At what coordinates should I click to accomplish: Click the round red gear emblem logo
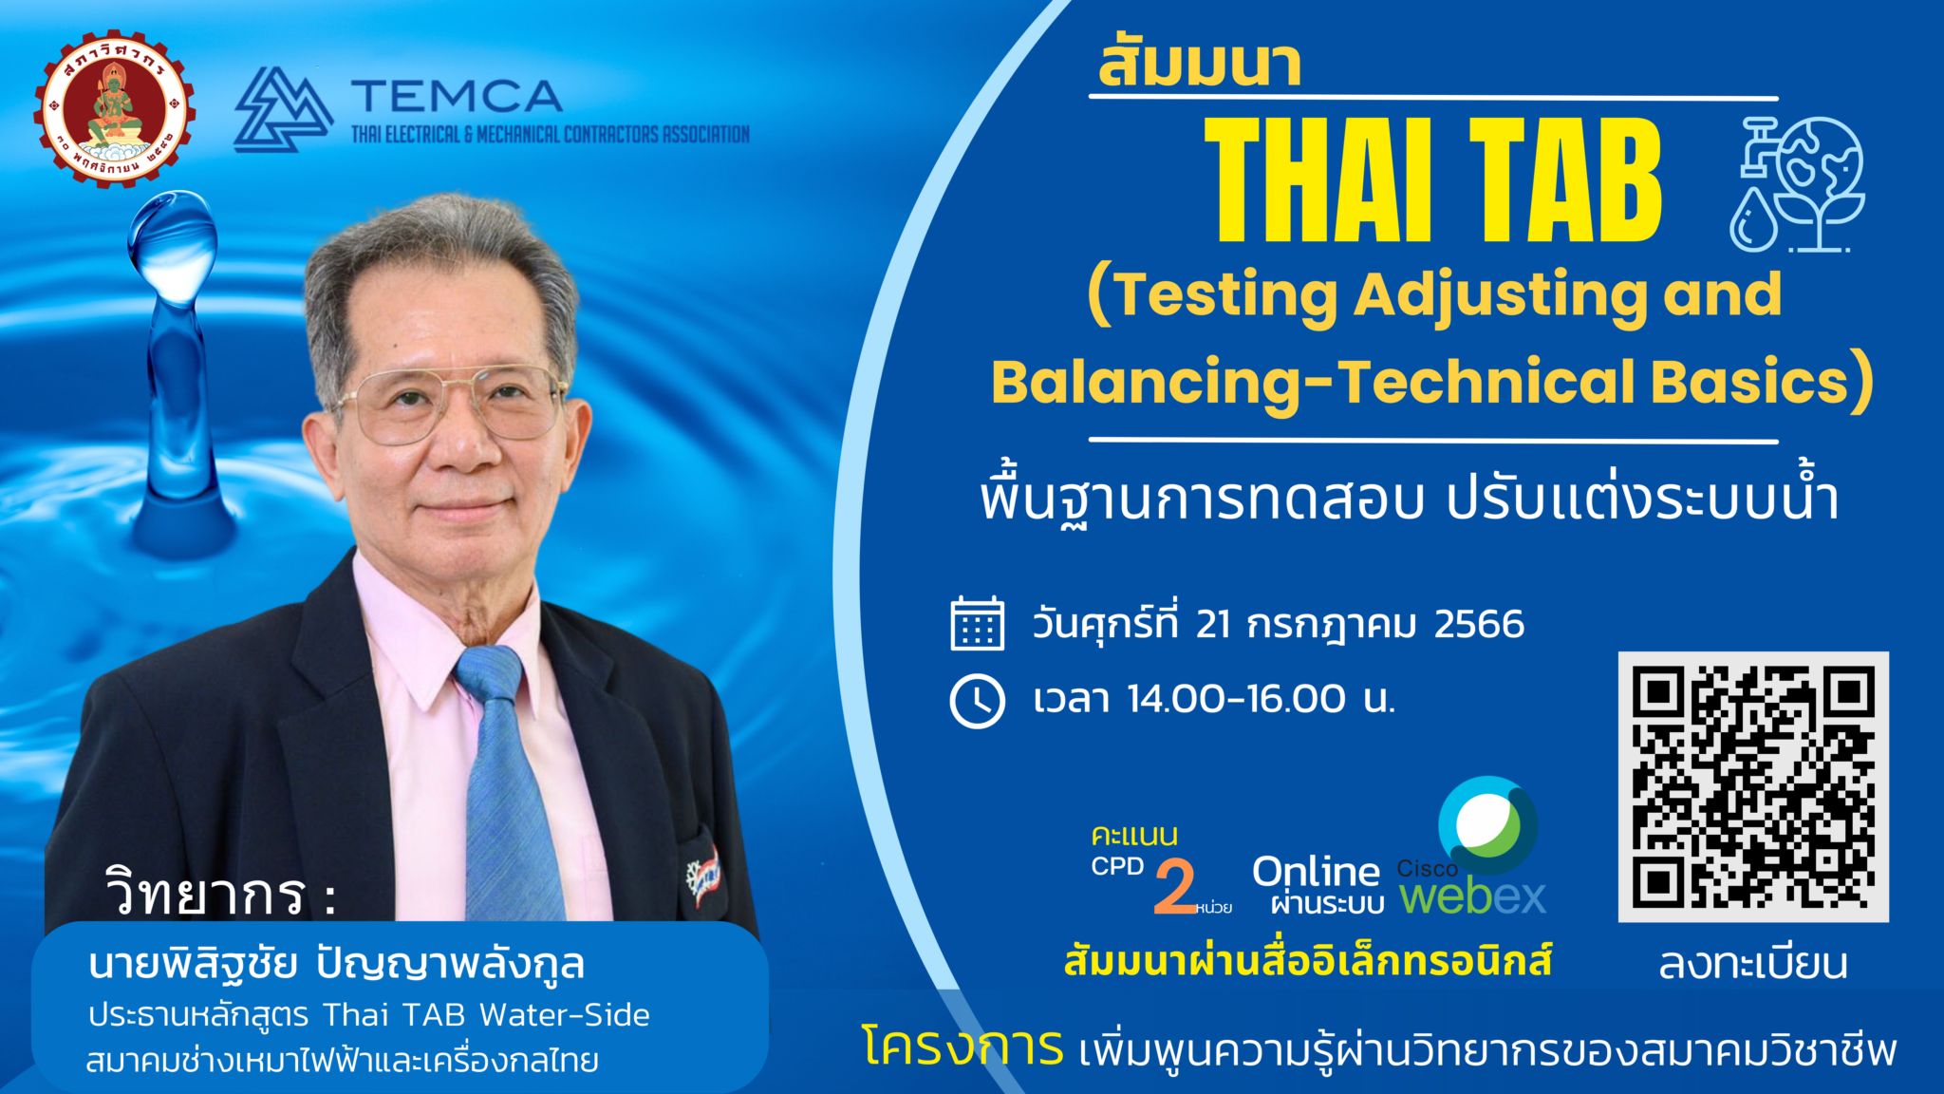[x=115, y=107]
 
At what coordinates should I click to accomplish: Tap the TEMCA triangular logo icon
[x=282, y=110]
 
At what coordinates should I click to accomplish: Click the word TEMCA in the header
[x=457, y=97]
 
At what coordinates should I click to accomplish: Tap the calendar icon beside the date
[x=977, y=624]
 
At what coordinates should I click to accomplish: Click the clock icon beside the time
[x=977, y=702]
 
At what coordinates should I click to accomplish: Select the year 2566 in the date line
[x=1479, y=625]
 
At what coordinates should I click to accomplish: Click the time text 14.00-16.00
[x=1236, y=700]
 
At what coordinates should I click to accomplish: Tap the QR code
[x=1752, y=786]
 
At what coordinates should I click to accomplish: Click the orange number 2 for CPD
[x=1175, y=886]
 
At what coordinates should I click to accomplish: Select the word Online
[x=1316, y=871]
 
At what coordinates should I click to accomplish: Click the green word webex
[x=1472, y=896]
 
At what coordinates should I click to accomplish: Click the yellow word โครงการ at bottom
[x=962, y=1048]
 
